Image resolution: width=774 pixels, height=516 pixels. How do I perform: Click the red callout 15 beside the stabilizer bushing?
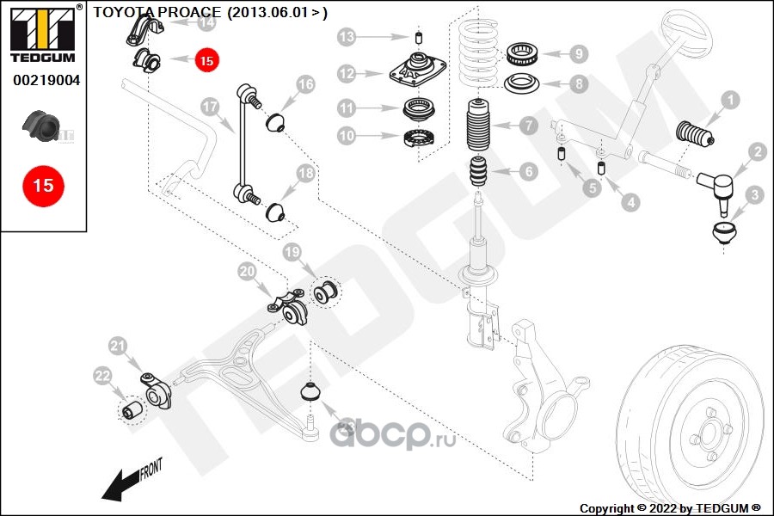[x=206, y=60]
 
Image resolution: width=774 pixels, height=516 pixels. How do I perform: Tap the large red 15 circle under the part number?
[x=43, y=185]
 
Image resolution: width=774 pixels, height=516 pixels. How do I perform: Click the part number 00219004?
[x=44, y=80]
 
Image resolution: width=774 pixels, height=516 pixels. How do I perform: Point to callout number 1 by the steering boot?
[x=729, y=101]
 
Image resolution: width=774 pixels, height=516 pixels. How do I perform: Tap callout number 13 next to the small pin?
[x=347, y=37]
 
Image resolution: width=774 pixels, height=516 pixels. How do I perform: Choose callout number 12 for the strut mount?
[x=347, y=74]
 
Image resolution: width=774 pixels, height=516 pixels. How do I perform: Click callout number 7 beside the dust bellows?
[x=527, y=126]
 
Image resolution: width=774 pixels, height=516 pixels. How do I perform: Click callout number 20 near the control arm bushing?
[x=248, y=272]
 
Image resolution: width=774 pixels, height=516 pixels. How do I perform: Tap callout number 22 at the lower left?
[x=102, y=375]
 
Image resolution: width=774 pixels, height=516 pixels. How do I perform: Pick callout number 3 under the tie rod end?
[x=754, y=195]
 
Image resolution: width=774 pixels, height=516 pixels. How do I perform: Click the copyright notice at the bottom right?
[x=671, y=508]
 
